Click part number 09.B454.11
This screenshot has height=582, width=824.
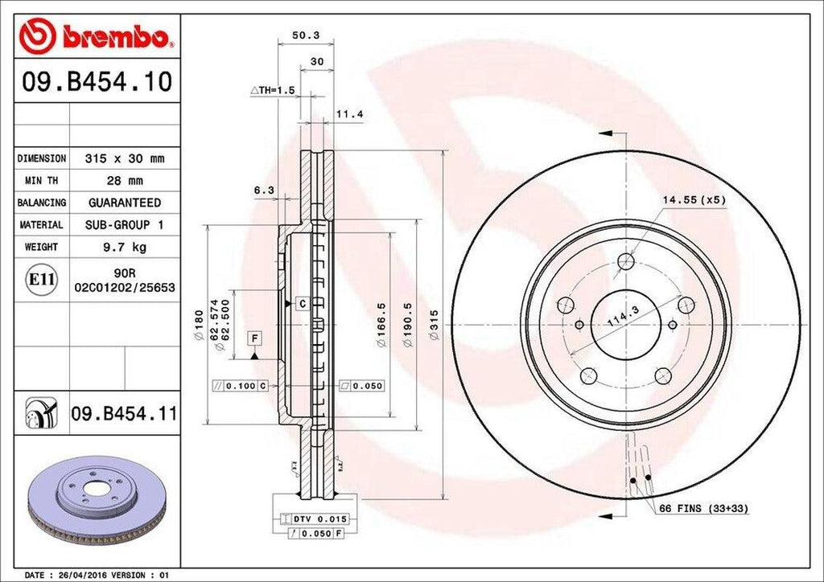tap(124, 415)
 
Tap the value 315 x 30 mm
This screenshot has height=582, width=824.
tap(125, 159)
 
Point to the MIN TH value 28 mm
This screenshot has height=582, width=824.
tap(125, 181)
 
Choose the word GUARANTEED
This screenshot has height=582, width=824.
tap(125, 203)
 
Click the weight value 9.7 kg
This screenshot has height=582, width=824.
tap(125, 247)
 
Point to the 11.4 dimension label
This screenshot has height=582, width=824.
tap(349, 115)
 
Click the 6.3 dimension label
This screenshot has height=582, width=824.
tap(264, 191)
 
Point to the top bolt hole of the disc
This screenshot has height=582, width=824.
tap(626, 260)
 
